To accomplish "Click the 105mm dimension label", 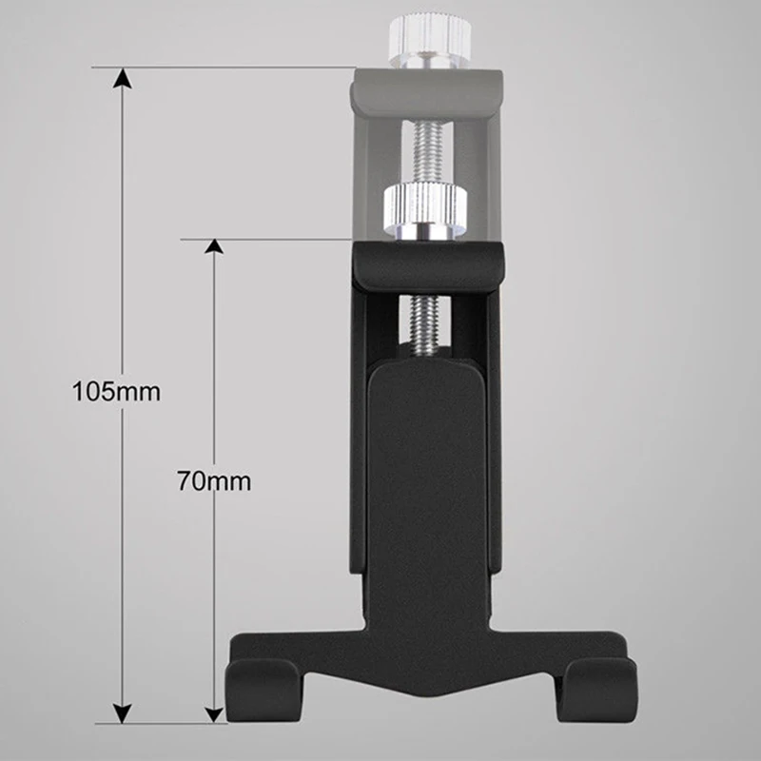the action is tap(116, 391).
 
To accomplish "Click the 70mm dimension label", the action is tap(214, 481).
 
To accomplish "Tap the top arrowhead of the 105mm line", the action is tap(123, 78).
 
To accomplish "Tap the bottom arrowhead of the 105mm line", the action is tap(123, 712).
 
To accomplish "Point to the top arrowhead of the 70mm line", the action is tap(213, 246).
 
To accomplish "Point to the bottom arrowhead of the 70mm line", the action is tap(213, 714).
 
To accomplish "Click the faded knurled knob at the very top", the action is tap(430, 35).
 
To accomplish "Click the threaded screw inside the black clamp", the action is tap(424, 322).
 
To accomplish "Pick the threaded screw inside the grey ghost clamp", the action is tap(426, 151).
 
